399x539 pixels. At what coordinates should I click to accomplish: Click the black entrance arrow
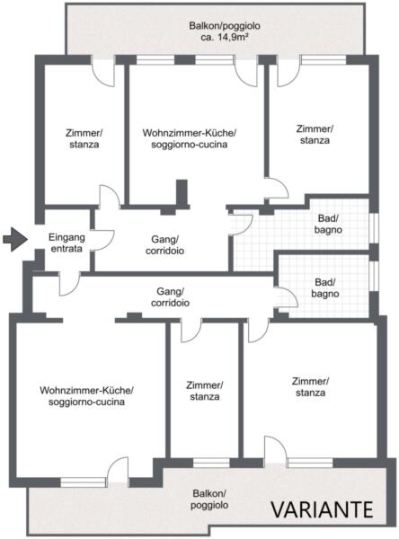(15, 239)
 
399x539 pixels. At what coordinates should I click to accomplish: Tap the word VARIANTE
(323, 509)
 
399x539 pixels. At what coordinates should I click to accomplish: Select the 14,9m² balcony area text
(225, 37)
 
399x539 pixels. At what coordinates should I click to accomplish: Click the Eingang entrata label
(66, 243)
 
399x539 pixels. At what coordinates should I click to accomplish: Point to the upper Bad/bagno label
(328, 224)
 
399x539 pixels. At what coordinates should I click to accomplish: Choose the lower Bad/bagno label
(325, 288)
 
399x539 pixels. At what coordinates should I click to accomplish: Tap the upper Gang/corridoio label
(164, 244)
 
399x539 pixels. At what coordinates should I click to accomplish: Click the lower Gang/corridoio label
(170, 297)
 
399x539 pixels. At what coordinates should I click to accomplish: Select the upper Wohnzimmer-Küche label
(190, 138)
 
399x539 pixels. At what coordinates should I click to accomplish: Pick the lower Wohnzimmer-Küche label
(86, 396)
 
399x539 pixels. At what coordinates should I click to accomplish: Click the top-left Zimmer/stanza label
(84, 138)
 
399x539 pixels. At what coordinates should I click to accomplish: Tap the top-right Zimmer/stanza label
(315, 135)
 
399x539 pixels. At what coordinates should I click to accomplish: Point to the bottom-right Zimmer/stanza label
(311, 386)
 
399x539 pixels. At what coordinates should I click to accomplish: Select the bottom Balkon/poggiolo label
(209, 499)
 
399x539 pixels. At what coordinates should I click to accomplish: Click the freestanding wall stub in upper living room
(182, 192)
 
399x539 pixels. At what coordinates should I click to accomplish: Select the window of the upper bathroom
(374, 229)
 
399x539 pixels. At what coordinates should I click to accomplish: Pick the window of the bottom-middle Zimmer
(211, 463)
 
